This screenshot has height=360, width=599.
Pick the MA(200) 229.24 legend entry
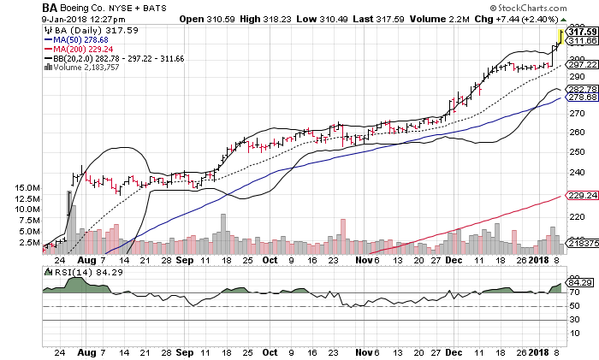pos(80,48)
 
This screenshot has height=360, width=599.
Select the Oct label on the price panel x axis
pos(270,258)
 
